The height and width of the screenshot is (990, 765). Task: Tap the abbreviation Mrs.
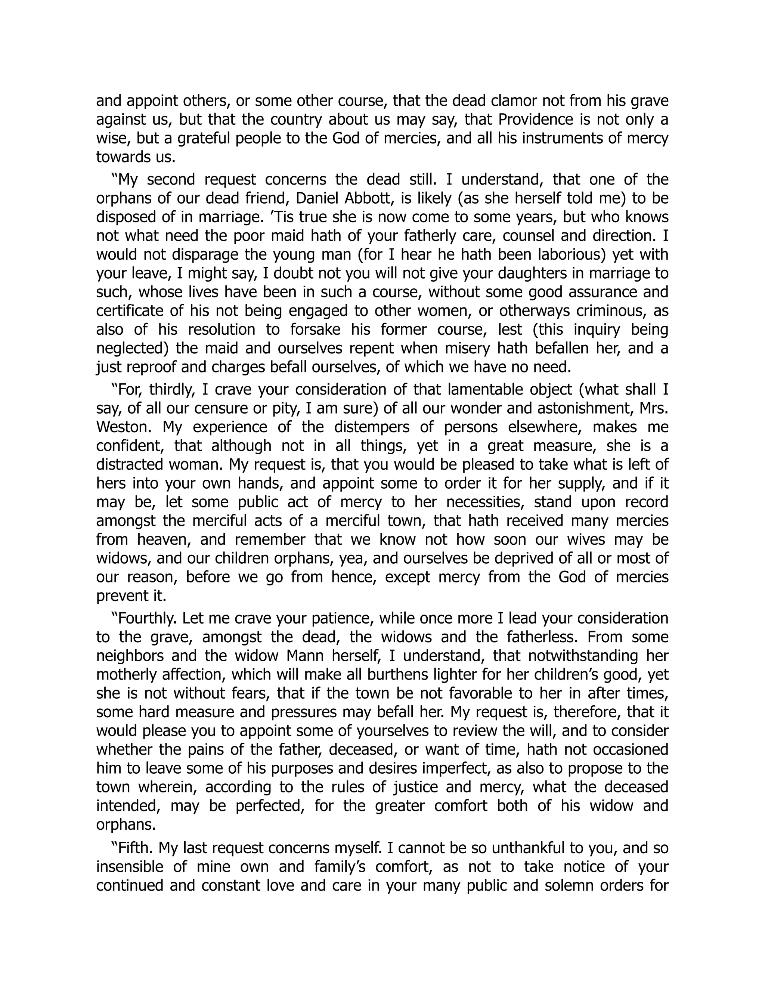(654, 408)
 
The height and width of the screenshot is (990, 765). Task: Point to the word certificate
(129, 310)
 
